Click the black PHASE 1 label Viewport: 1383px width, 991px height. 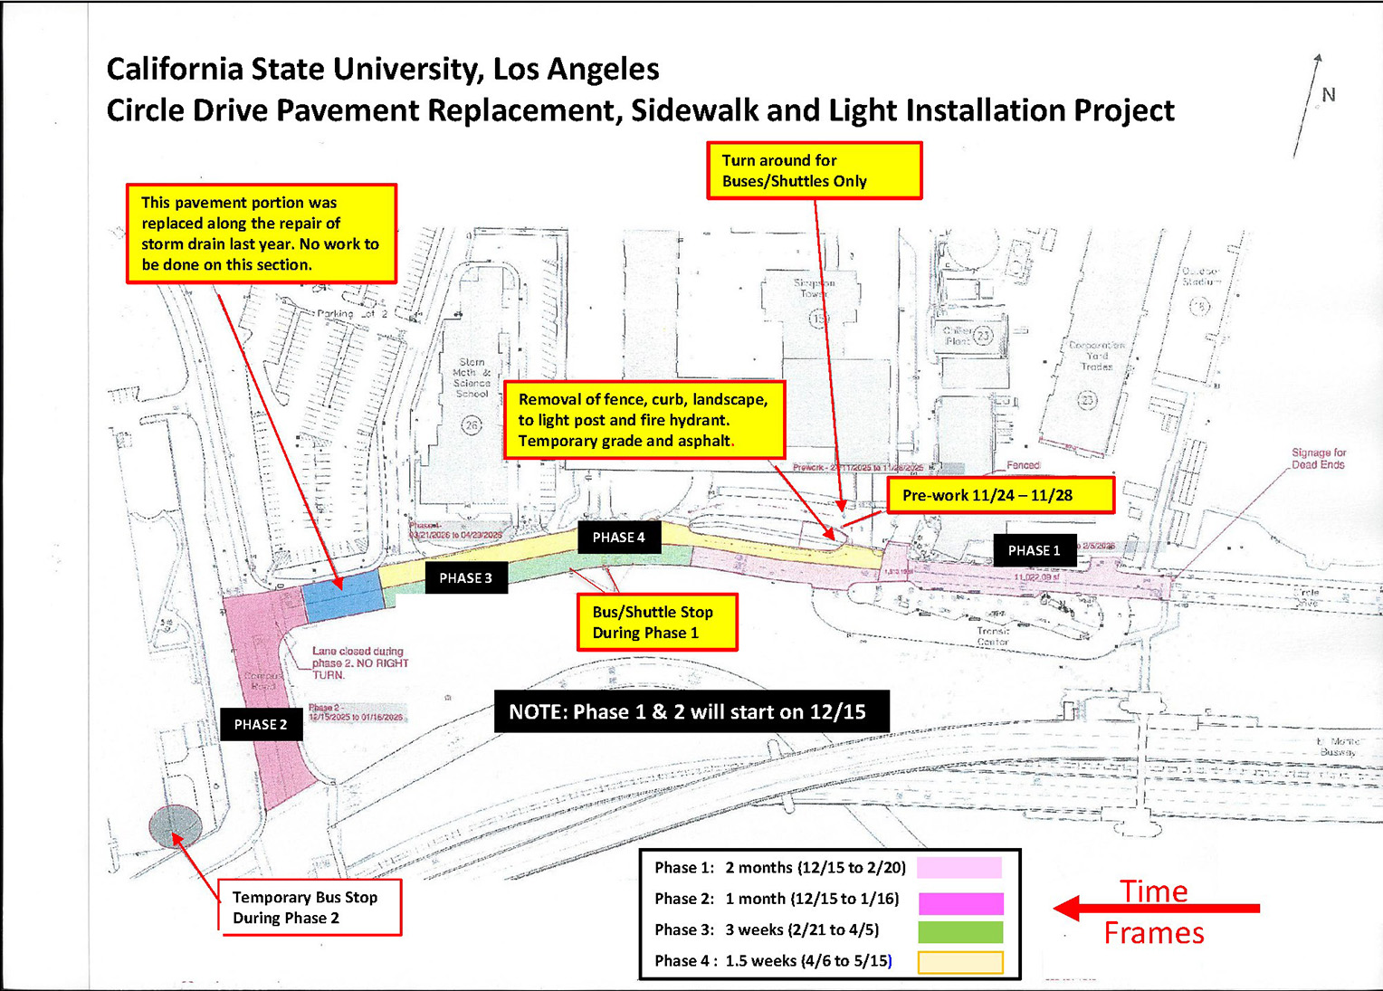click(1034, 550)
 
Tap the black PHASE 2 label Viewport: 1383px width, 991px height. click(261, 724)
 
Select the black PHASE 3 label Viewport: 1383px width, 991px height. click(466, 578)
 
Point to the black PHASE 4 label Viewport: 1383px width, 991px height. click(619, 538)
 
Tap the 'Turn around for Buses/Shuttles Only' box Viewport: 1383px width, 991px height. click(814, 170)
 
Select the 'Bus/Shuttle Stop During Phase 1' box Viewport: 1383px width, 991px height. click(657, 622)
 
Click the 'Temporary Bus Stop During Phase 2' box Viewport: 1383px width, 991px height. click(310, 908)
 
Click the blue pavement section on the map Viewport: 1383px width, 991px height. click(341, 593)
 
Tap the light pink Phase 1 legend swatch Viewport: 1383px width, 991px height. click(959, 868)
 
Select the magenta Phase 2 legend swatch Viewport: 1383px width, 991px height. click(960, 902)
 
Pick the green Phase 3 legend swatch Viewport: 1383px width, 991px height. click(960, 931)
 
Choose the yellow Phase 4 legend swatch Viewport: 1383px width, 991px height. click(960, 962)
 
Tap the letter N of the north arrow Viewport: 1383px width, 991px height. click(1329, 95)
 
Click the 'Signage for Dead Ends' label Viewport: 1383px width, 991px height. click(1318, 459)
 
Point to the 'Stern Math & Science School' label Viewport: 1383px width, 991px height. click(472, 377)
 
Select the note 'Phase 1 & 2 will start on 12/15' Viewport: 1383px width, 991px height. click(691, 711)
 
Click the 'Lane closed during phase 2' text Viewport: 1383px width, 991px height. click(358, 662)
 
